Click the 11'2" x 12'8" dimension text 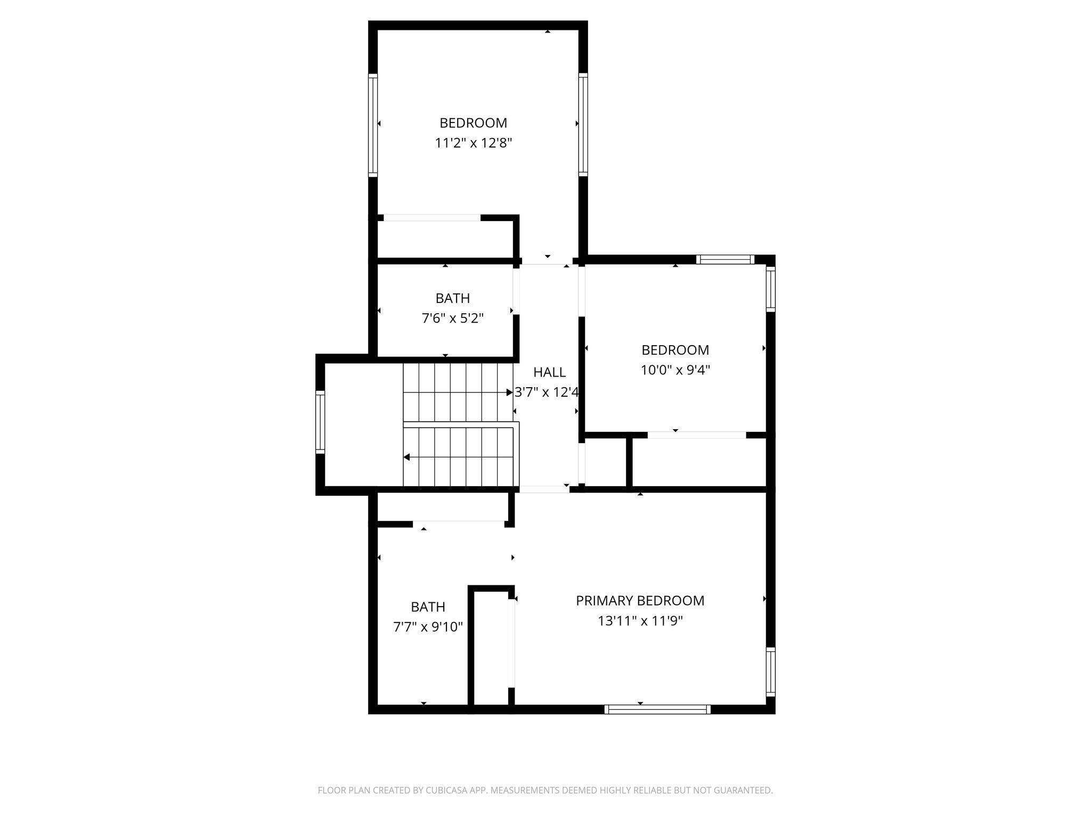click(473, 143)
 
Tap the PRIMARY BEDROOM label click(640, 601)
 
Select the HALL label click(549, 372)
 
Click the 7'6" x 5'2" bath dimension click(452, 318)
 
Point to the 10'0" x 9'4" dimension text click(675, 370)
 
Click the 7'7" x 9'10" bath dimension click(428, 627)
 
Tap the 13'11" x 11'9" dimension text click(640, 621)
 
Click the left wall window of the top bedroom click(373, 125)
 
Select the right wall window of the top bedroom click(583, 125)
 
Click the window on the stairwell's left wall click(320, 422)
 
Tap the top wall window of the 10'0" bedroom click(725, 260)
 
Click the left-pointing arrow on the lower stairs click(406, 457)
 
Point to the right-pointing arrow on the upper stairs click(509, 392)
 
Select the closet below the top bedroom click(445, 239)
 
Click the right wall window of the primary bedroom click(770, 672)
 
